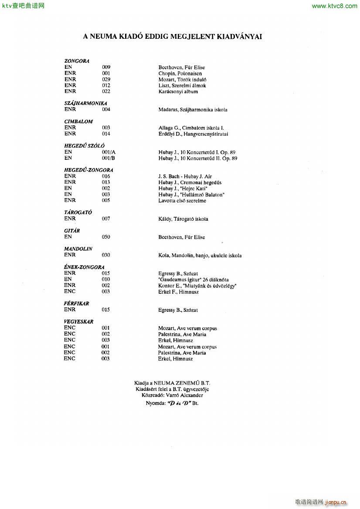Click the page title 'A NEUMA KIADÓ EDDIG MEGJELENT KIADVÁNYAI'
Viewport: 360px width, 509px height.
tap(172, 37)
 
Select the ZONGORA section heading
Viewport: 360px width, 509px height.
tap(77, 61)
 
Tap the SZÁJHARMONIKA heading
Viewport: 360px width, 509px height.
tap(85, 103)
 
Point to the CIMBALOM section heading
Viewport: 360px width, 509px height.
tap(78, 121)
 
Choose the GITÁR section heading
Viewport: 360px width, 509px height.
tap(72, 231)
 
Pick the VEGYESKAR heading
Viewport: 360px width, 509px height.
tap(78, 322)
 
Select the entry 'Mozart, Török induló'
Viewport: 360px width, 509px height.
tap(182, 80)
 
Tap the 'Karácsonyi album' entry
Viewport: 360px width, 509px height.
tap(178, 92)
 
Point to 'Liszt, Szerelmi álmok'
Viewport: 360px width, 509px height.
tap(182, 86)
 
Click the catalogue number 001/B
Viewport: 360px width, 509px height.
tap(109, 158)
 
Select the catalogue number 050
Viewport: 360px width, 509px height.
tap(106, 237)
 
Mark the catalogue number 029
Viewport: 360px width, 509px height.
tap(106, 79)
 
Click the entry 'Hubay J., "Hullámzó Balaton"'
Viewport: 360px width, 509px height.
tap(191, 195)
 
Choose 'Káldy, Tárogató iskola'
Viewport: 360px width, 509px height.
tap(183, 219)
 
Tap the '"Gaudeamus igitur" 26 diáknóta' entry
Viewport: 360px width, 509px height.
tap(193, 280)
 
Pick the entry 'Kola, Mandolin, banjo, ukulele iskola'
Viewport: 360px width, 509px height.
tap(200, 256)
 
